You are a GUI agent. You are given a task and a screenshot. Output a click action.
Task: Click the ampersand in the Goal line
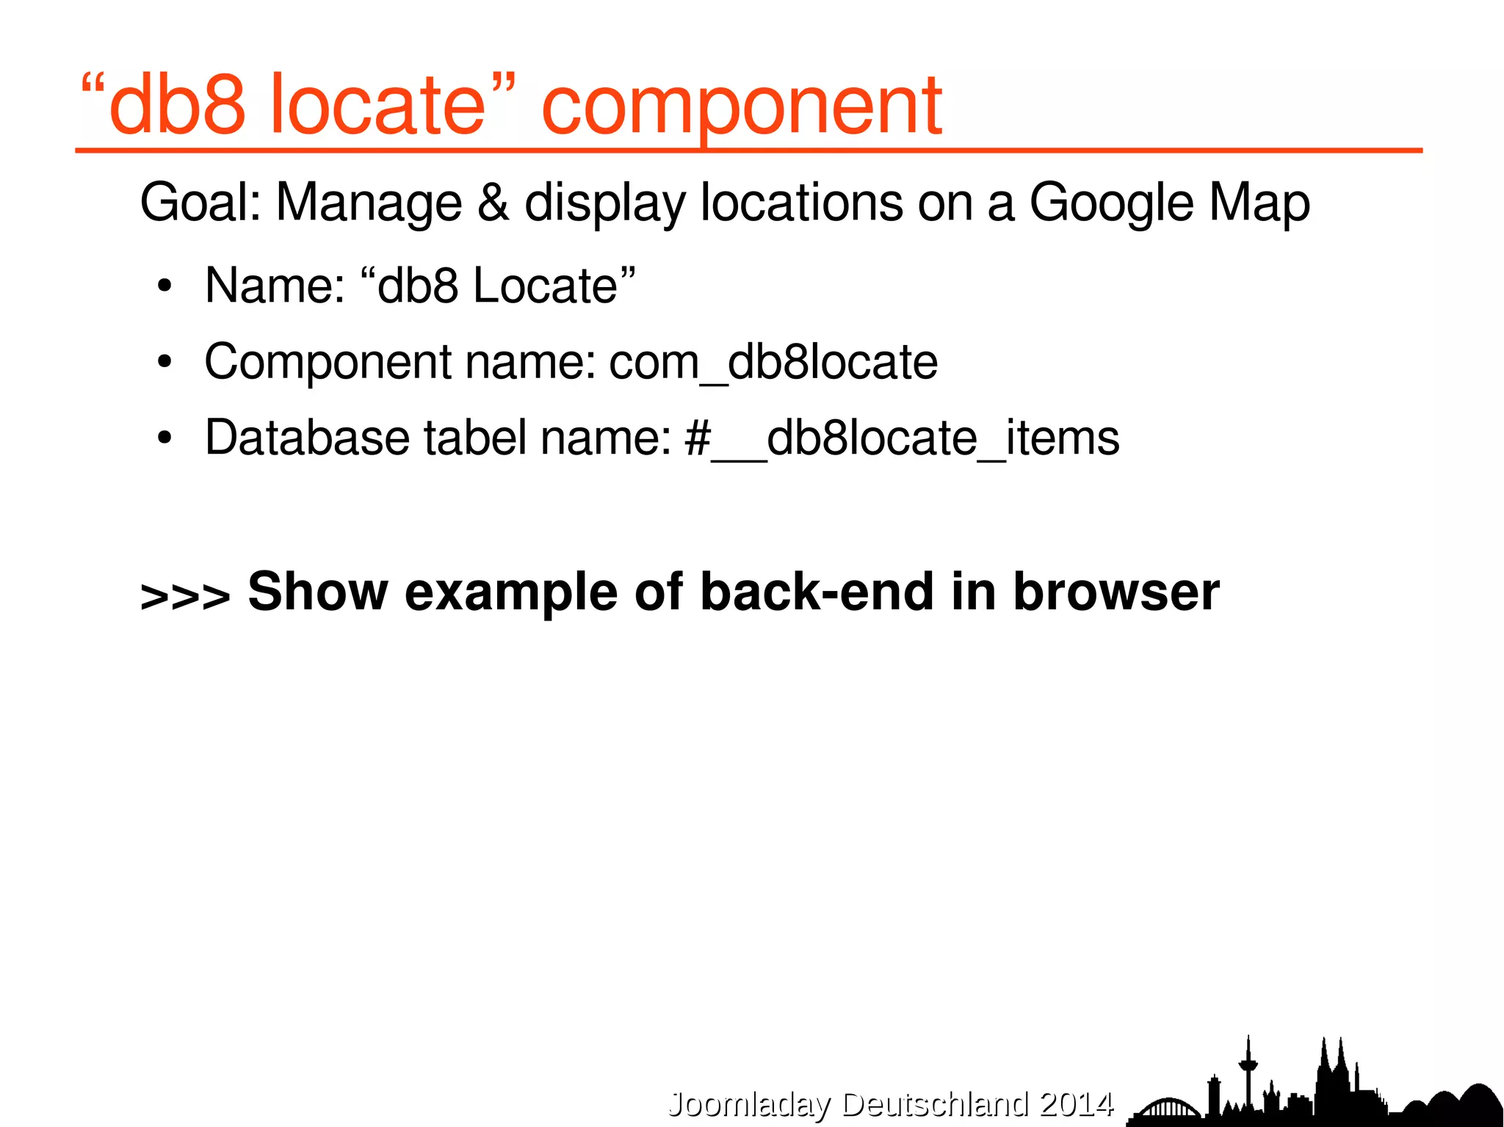click(x=493, y=202)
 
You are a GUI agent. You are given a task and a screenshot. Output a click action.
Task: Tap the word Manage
click(x=369, y=203)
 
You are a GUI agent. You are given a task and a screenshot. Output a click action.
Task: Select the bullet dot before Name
click(x=164, y=286)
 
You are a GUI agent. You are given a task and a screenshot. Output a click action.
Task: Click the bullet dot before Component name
click(x=164, y=362)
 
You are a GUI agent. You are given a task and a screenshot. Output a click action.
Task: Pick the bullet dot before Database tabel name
click(x=164, y=438)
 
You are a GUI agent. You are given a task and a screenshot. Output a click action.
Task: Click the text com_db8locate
click(x=773, y=362)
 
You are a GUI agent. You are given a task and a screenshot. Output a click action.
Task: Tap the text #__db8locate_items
click(x=902, y=438)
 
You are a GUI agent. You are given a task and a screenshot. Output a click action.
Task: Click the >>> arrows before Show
click(x=185, y=596)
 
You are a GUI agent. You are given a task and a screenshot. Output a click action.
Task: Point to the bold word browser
click(x=1116, y=592)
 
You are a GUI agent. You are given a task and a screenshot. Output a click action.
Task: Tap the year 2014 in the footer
click(x=1077, y=1104)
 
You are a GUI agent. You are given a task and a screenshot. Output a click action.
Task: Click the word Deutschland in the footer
click(x=935, y=1104)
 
